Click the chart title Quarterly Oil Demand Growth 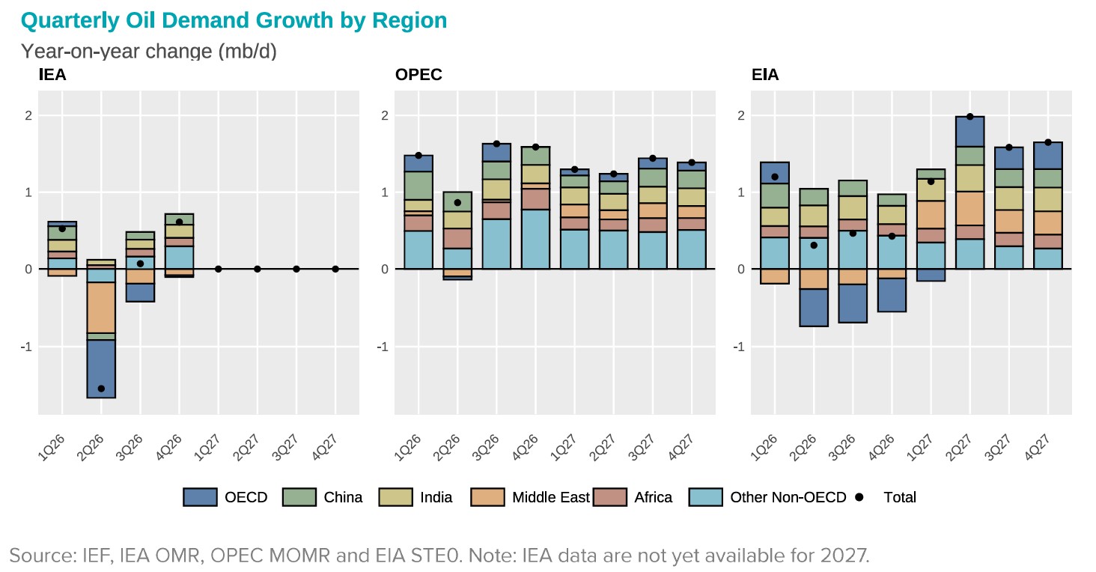(234, 20)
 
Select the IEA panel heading (52, 75)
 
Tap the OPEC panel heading (418, 75)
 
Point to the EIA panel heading (765, 75)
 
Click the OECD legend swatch (199, 497)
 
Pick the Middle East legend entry (550, 497)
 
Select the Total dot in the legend (859, 497)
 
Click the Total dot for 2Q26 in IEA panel (101, 389)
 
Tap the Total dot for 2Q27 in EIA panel (969, 116)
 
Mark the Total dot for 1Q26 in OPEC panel (418, 156)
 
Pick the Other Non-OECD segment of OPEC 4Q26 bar (535, 239)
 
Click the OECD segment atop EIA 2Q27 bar (969, 131)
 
